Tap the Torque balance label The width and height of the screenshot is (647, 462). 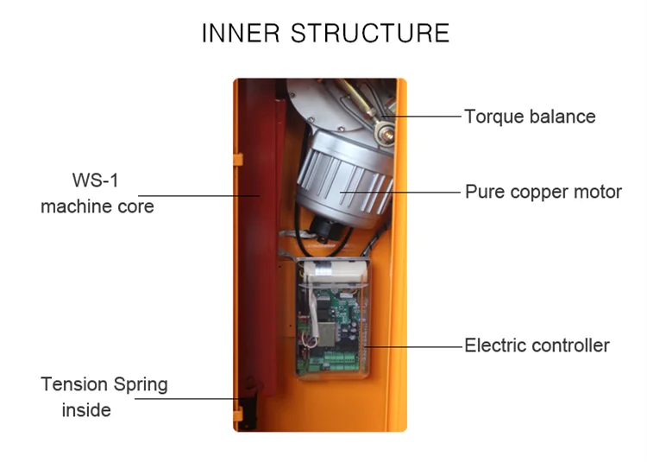point(529,116)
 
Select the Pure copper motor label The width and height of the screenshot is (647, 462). point(543,192)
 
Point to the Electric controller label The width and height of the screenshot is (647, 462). point(537,345)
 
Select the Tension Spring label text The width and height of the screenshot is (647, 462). point(104,384)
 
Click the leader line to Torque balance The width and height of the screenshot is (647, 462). point(423,115)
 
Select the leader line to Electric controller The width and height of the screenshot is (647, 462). point(414,345)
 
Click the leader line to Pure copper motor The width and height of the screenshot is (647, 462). point(405,191)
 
